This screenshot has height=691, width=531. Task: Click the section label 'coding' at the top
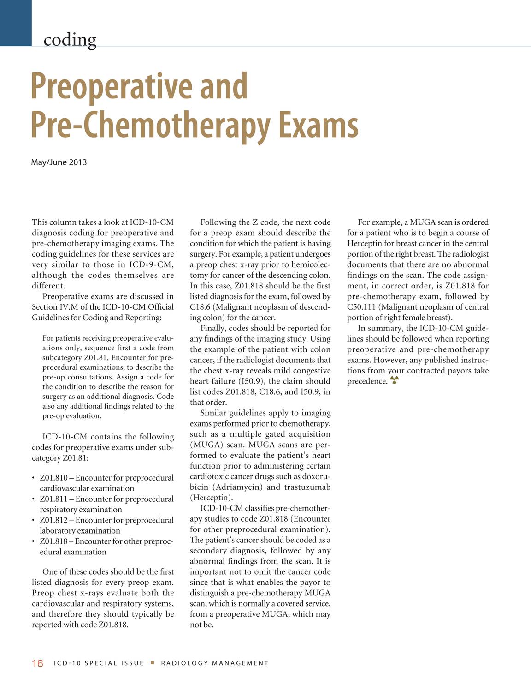(70, 40)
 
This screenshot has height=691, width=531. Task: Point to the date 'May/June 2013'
(59, 162)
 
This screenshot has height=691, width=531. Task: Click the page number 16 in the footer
(37, 663)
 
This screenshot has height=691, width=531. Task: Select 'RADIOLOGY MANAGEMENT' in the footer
(214, 663)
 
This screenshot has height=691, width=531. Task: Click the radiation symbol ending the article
(394, 380)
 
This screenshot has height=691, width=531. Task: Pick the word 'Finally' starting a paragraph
(213, 328)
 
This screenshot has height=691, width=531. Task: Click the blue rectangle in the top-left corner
(16, 23)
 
